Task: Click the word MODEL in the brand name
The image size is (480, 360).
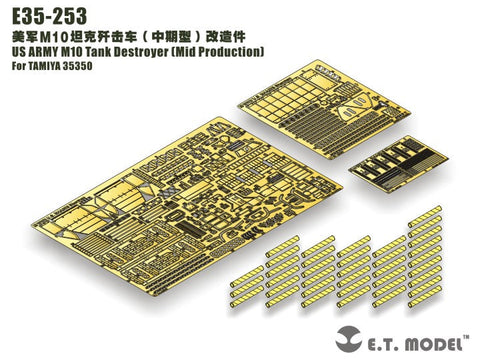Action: click(442, 343)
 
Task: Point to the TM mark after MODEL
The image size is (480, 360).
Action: click(470, 338)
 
